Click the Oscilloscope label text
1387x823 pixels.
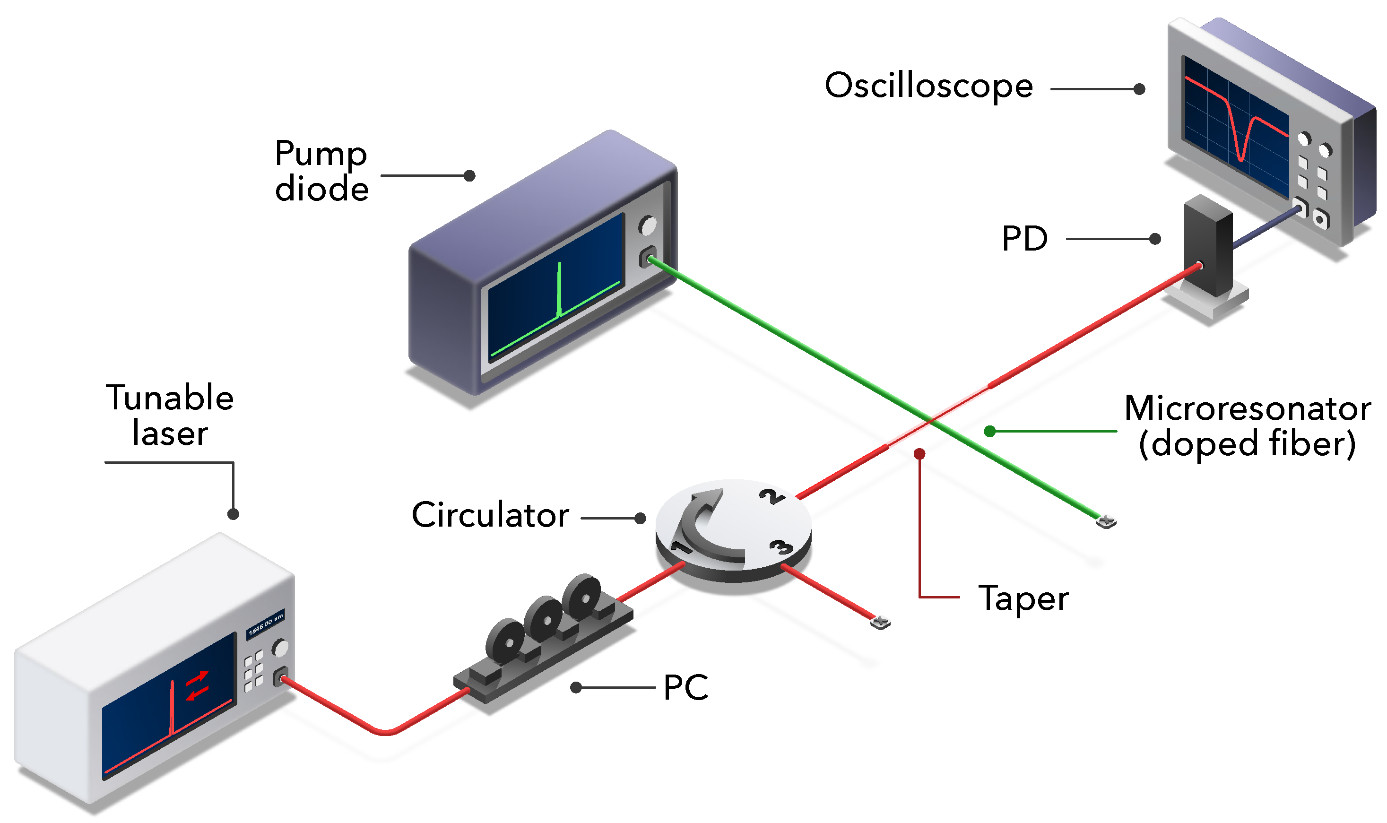click(928, 86)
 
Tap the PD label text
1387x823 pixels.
click(1024, 239)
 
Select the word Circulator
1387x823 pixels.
click(490, 515)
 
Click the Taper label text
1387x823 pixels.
click(1023, 598)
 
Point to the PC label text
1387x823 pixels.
click(685, 688)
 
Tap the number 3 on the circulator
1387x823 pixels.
click(782, 547)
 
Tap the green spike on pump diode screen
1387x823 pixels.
click(560, 288)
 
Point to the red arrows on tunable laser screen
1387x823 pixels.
click(197, 685)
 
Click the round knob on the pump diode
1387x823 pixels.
click(647, 225)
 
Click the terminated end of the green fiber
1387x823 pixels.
click(1106, 521)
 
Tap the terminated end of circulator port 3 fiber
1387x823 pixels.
click(880, 622)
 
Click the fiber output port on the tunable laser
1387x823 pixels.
click(282, 677)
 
